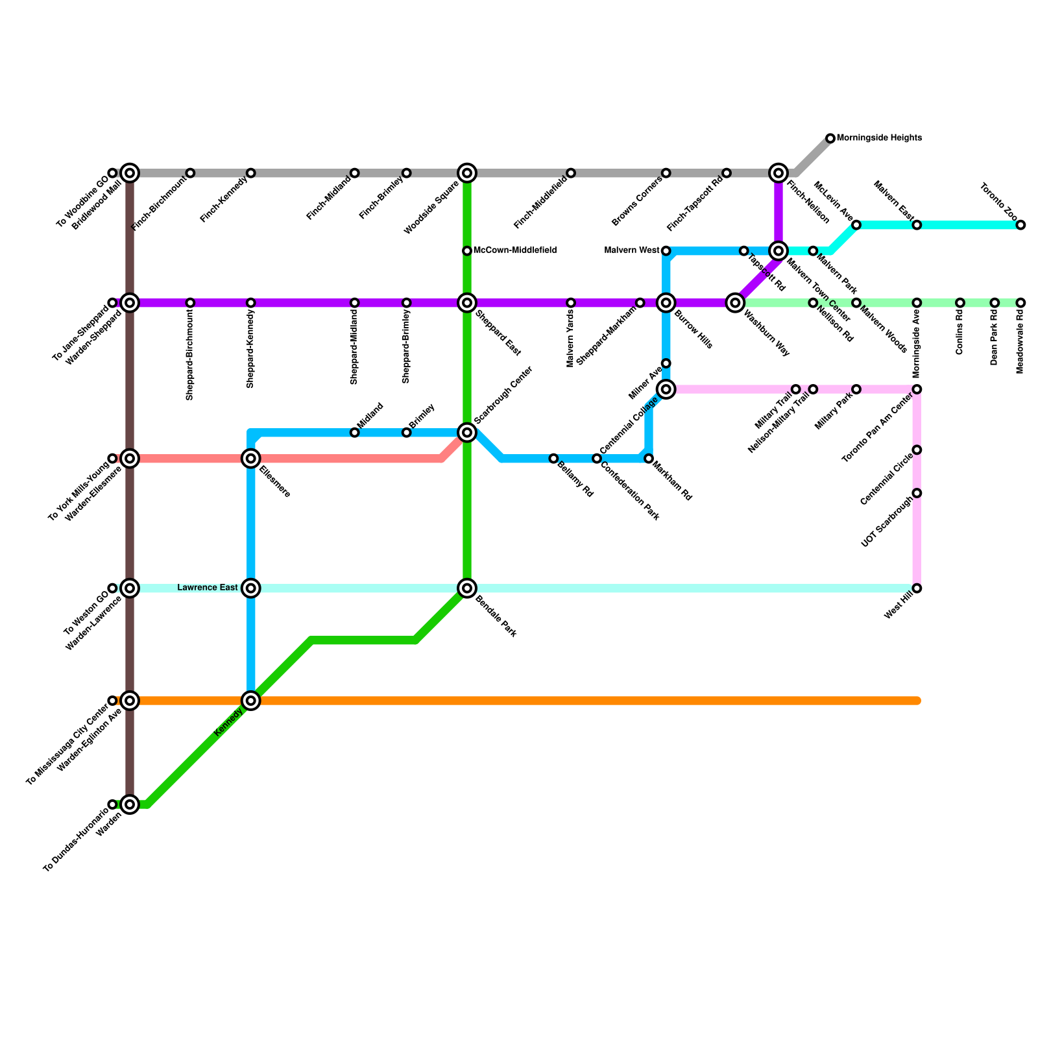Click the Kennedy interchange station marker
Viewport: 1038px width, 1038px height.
coord(250,701)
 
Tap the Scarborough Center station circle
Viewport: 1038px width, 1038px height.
coord(467,432)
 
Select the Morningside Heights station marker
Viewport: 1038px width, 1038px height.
coord(830,138)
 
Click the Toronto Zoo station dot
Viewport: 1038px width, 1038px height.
coord(1020,225)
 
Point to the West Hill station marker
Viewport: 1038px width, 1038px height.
coord(917,588)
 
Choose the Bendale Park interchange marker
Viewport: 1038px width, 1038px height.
coord(467,588)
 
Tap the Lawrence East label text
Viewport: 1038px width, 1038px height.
coord(208,588)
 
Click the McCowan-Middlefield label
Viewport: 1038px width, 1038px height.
coord(514,250)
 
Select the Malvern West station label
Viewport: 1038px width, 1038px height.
coord(633,250)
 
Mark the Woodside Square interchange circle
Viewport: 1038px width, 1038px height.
coord(467,173)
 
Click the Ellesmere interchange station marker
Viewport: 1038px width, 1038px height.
coord(250,459)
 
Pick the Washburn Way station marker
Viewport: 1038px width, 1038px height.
coord(735,302)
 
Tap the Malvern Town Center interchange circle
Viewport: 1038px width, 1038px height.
coord(779,250)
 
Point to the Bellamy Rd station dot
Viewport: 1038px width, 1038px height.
coord(553,459)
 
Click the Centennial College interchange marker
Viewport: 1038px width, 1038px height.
coord(666,389)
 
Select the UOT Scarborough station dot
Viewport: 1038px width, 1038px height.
coord(917,493)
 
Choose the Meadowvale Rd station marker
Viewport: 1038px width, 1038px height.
coord(1020,303)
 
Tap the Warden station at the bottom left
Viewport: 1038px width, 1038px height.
coord(130,804)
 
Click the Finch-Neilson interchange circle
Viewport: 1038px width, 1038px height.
coord(779,173)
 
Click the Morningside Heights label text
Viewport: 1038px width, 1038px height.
coord(879,138)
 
